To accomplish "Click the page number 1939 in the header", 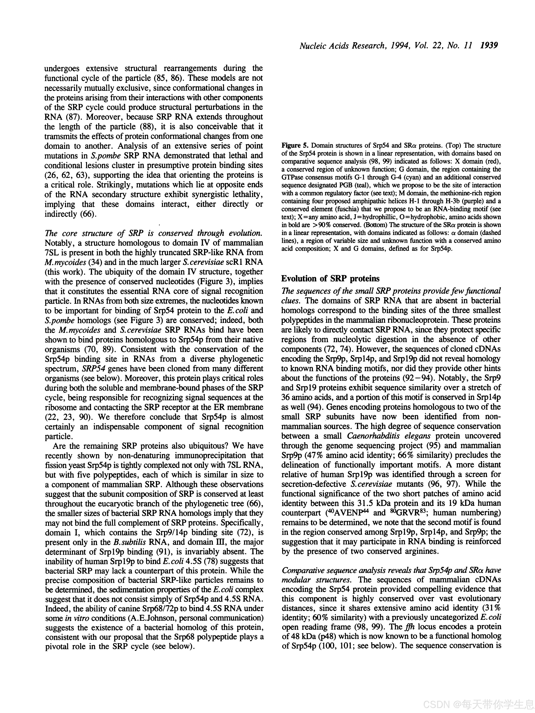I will coord(489,46).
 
